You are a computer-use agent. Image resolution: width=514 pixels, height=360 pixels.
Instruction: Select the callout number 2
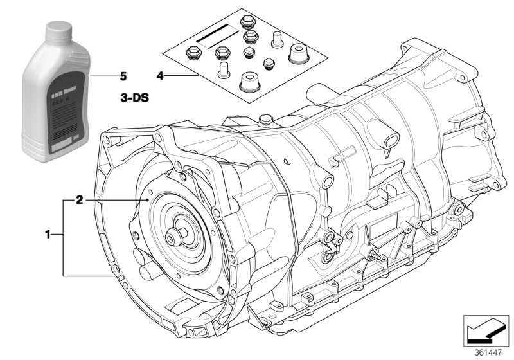[x=79, y=201]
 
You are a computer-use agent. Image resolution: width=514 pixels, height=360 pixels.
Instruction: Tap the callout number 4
[x=160, y=76]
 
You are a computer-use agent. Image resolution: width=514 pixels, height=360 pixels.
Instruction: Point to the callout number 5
[x=123, y=76]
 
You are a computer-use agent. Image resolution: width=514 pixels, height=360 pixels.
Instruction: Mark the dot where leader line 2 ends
[x=148, y=201]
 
